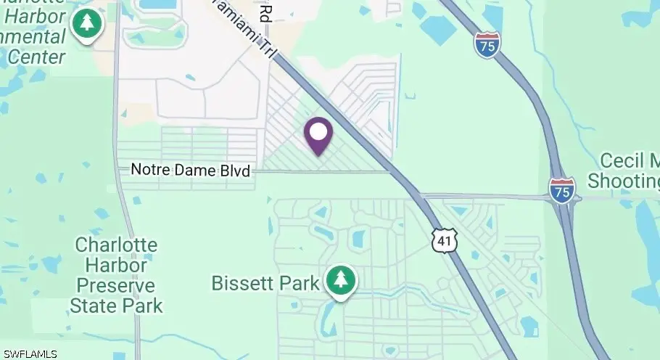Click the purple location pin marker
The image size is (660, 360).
(x=318, y=135)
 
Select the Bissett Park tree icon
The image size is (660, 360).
(x=339, y=282)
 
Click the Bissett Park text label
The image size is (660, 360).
(x=265, y=282)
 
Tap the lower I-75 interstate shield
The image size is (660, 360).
(x=562, y=189)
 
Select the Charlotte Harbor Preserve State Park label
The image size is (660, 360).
(x=116, y=274)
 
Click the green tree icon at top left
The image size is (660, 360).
(x=87, y=24)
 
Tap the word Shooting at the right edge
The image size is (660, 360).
(x=624, y=180)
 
